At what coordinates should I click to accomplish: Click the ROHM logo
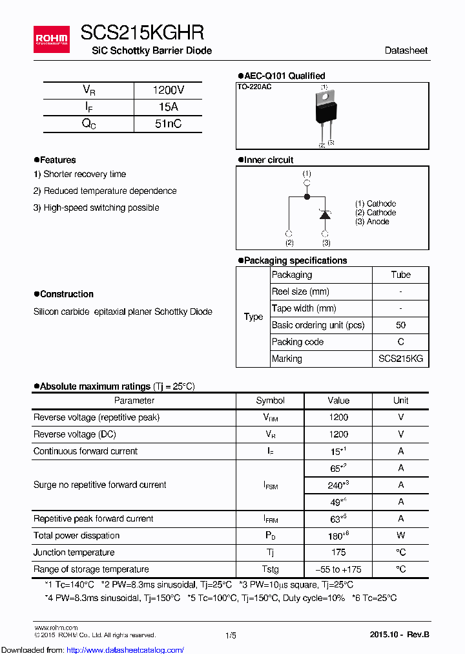click(51, 39)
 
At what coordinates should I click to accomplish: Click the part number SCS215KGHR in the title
click(142, 32)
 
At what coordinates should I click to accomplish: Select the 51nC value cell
click(168, 123)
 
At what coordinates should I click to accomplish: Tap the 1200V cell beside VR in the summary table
click(168, 90)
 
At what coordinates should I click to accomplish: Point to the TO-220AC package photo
click(325, 108)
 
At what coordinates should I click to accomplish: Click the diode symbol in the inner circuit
click(325, 215)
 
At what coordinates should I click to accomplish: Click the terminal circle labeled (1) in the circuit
click(307, 183)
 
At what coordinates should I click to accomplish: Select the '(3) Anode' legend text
click(372, 222)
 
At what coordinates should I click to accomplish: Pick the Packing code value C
click(400, 342)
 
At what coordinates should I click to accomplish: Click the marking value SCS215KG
click(400, 359)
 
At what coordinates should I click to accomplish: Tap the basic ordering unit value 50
click(400, 325)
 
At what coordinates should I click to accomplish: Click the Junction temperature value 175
click(338, 553)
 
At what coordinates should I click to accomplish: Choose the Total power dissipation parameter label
click(76, 536)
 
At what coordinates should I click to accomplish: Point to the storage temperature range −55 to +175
click(338, 569)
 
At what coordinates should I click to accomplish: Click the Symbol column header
click(270, 401)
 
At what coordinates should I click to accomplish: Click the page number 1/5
click(231, 635)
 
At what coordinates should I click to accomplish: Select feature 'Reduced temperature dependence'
click(105, 191)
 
